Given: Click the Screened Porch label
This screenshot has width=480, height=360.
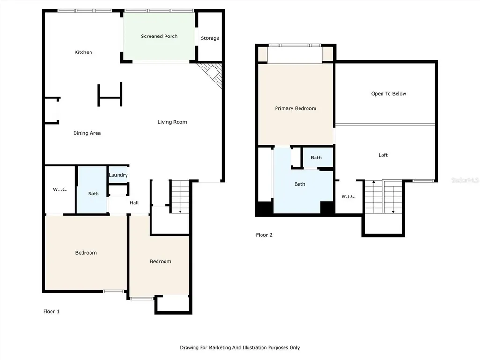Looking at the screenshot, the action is [159, 36].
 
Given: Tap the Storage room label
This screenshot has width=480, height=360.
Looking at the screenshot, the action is [210, 38].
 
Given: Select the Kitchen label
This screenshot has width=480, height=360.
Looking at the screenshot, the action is [83, 52].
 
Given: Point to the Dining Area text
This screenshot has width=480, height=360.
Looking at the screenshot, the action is [87, 133].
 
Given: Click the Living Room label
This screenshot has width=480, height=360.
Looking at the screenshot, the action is [172, 122].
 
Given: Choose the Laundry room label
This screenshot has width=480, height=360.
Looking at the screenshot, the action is [118, 175].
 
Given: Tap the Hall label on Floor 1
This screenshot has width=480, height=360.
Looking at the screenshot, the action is [134, 202].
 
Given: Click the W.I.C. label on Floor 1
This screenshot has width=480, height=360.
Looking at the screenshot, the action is [60, 189].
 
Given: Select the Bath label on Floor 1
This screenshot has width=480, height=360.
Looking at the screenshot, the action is [93, 194].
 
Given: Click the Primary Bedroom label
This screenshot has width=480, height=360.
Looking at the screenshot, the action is [295, 108].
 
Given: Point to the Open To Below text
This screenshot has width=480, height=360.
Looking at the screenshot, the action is [389, 94].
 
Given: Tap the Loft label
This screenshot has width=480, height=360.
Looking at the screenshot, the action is [383, 155].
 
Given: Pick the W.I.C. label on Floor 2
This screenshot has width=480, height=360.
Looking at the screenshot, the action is [348, 196].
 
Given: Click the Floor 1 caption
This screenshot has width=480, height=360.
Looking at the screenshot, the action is [51, 311].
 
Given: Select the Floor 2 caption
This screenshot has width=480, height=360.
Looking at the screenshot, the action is [264, 235].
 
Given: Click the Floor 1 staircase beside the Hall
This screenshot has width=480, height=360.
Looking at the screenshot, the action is [180, 197].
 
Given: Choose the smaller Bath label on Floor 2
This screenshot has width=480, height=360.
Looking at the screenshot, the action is [316, 157].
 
